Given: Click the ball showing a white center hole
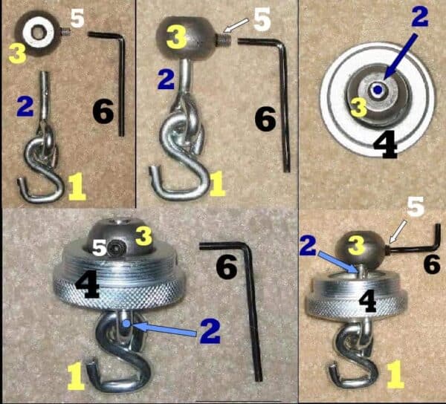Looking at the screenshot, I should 36,30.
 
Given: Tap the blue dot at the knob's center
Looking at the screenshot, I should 380,90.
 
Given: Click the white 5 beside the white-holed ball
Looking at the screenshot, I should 77,16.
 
